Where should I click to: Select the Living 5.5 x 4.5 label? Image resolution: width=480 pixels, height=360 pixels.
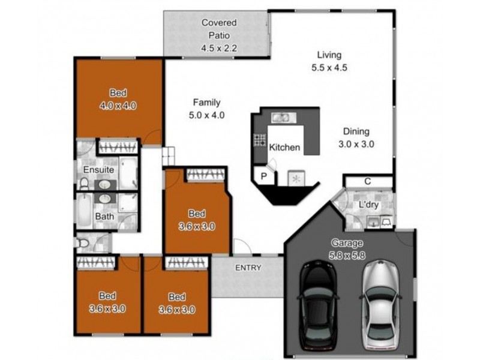329,61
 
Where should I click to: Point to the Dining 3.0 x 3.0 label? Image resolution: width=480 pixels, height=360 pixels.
356,138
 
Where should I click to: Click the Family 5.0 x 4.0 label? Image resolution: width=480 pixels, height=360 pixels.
206,109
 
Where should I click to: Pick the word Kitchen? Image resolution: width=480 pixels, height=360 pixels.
284,148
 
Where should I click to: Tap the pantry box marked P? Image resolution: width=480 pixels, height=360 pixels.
263,176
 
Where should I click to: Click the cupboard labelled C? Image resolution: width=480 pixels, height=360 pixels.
368,181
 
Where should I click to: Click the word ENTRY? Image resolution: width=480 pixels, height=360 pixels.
248,268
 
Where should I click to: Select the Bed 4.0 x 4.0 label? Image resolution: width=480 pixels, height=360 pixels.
118,100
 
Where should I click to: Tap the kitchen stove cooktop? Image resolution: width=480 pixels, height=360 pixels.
260,140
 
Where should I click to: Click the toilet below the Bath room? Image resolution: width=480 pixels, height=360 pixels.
83,243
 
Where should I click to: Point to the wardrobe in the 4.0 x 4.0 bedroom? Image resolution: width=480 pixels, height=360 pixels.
118,146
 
